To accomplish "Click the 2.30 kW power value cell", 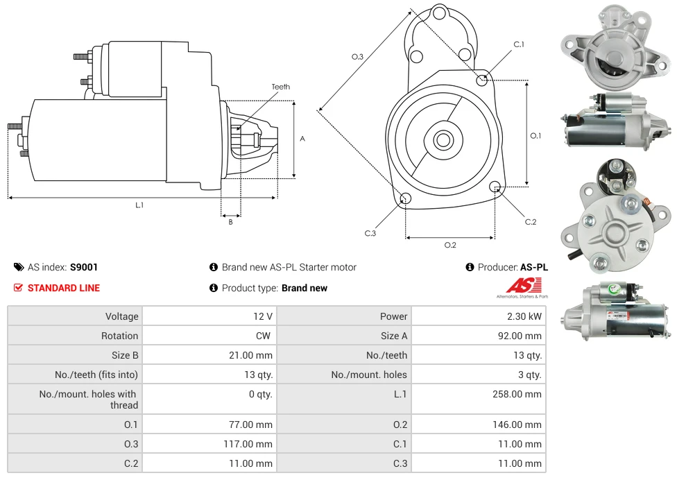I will (525, 316).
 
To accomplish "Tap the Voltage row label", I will (121, 316).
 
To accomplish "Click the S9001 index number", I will (84, 267).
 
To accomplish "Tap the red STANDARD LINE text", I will (64, 288).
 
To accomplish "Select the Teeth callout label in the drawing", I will (281, 87).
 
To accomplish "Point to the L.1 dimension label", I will (139, 205).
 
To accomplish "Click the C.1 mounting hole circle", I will (482, 80).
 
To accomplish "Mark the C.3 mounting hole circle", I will (406, 200).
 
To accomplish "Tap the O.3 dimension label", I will (357, 57).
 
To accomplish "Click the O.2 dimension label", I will (449, 245).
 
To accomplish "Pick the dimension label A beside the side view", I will (302, 139).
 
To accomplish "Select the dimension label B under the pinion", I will (230, 222).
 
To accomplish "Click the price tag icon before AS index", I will (19, 267).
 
